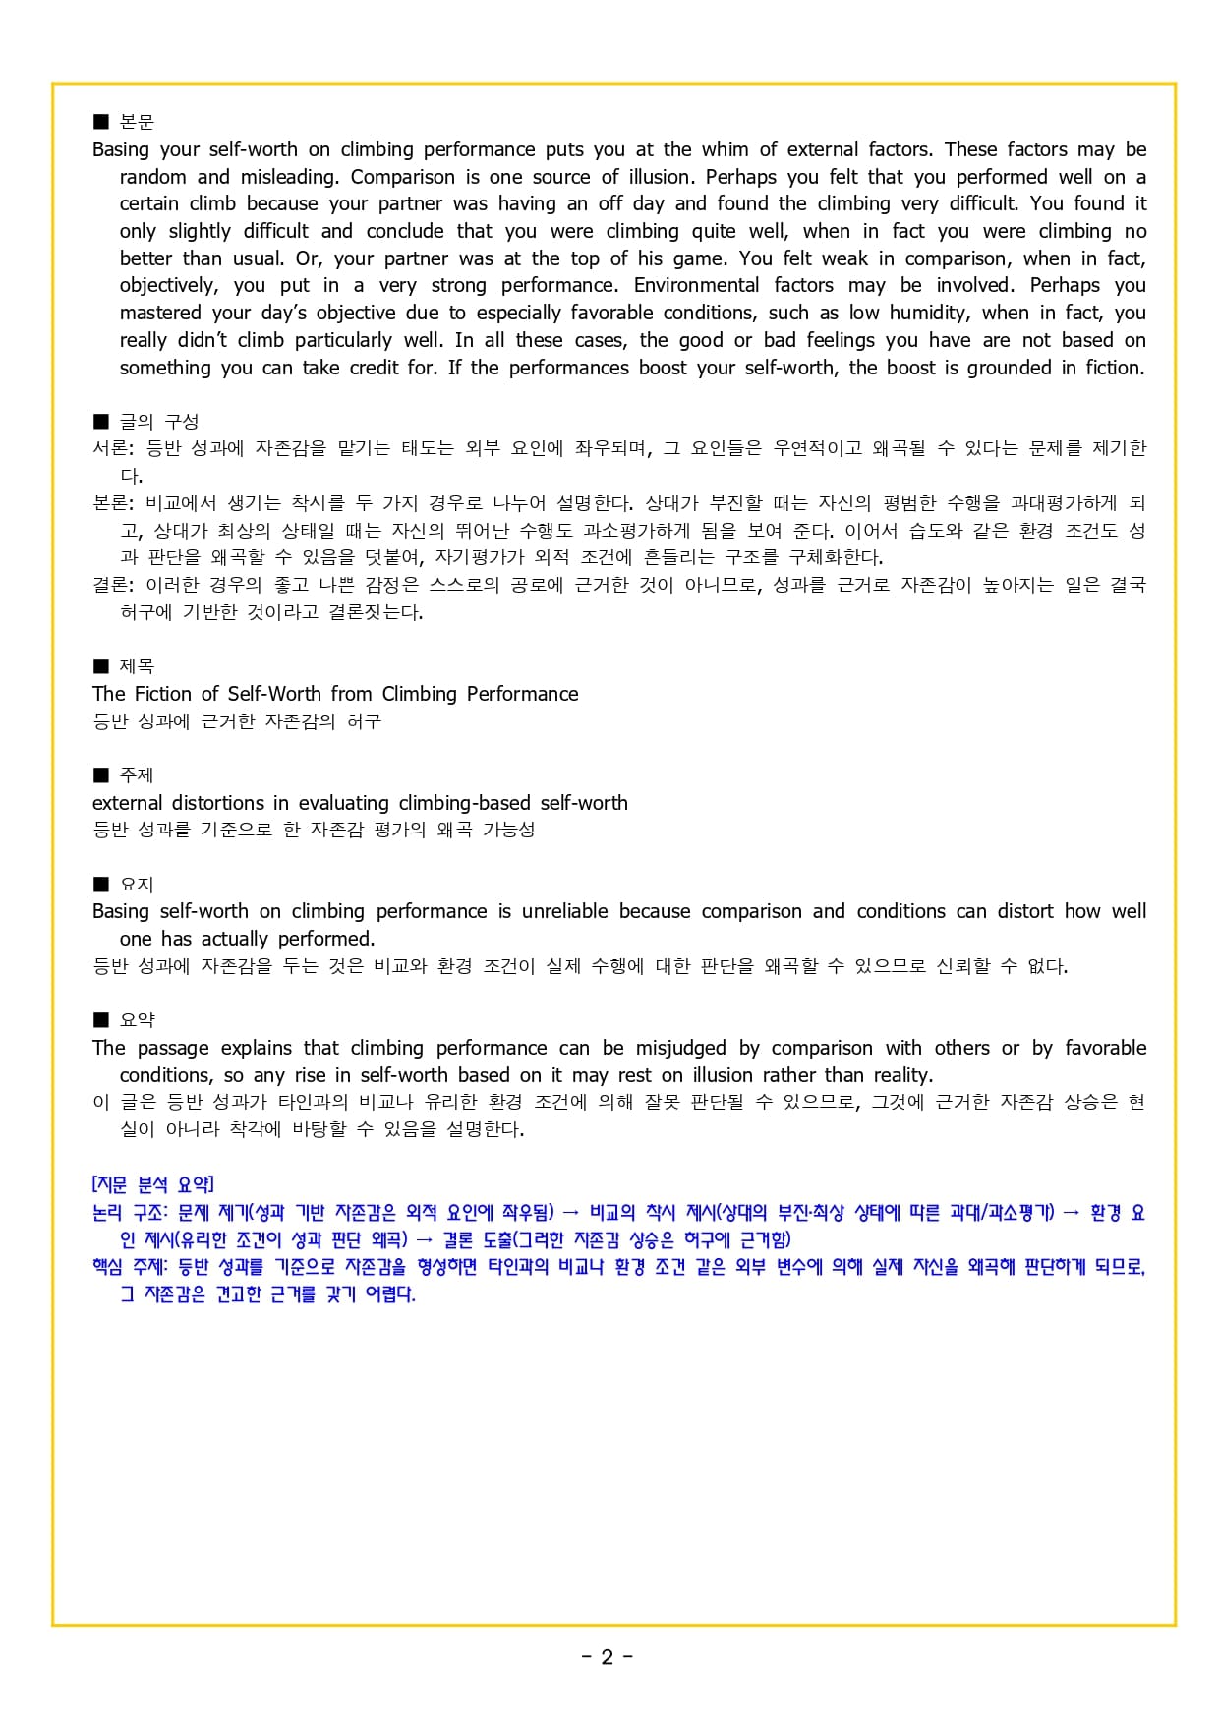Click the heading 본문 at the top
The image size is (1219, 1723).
pyautogui.click(x=137, y=122)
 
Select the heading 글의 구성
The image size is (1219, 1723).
pyautogui.click(x=158, y=422)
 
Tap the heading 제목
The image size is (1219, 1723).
pyautogui.click(x=137, y=666)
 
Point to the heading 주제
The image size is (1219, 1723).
pyautogui.click(x=137, y=775)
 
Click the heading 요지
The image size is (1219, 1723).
pyautogui.click(x=137, y=885)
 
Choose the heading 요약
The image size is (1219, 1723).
pyautogui.click(x=137, y=1020)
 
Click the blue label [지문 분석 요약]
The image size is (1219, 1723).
pyautogui.click(x=152, y=1184)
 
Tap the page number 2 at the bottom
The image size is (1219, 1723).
pyautogui.click(x=608, y=1657)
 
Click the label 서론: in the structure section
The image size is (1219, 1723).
pyautogui.click(x=113, y=448)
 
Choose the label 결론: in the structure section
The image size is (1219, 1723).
pyautogui.click(x=113, y=585)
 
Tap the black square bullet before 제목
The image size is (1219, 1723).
pyautogui.click(x=100, y=666)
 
